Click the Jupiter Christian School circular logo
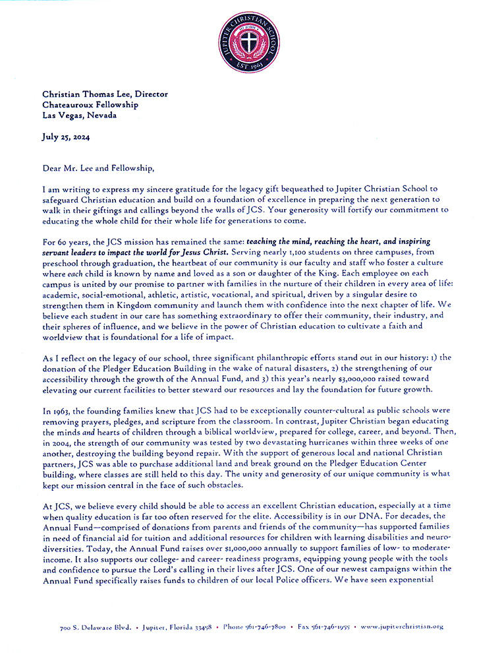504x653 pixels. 252,37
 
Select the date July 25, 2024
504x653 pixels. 65,137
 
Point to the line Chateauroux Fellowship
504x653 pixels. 90,104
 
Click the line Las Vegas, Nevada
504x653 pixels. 79,115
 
